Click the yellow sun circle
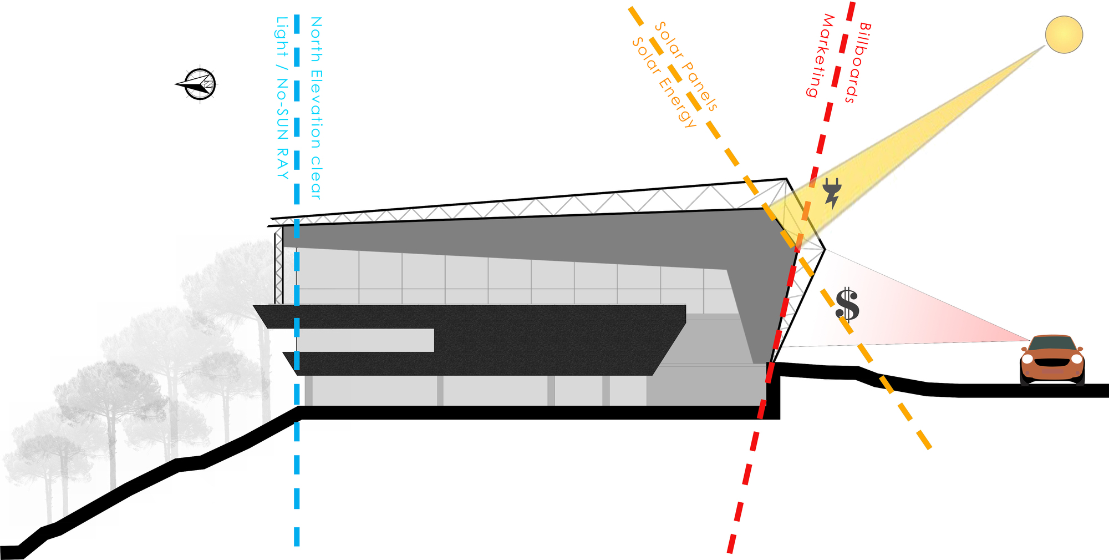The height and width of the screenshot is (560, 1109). click(x=1064, y=34)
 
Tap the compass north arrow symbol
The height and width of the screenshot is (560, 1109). click(x=197, y=84)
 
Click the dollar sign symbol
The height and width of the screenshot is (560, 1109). click(x=847, y=305)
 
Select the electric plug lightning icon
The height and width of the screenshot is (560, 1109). click(x=832, y=193)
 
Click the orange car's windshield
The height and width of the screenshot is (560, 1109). click(x=1052, y=344)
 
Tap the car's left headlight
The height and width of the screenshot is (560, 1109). click(x=1027, y=359)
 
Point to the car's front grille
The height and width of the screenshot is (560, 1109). click(x=1052, y=363)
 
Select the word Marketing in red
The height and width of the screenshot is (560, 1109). click(x=820, y=56)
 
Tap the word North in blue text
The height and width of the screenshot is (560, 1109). click(x=316, y=39)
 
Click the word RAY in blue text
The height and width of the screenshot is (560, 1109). click(x=282, y=164)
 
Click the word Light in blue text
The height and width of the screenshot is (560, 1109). click(x=282, y=37)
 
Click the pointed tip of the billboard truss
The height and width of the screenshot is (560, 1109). click(x=825, y=249)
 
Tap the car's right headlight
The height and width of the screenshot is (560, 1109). click(x=1076, y=359)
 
